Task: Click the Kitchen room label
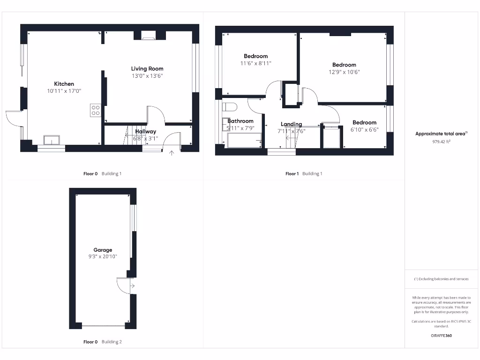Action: [64, 84]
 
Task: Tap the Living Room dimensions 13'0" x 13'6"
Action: [147, 76]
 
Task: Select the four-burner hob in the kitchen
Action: [95, 110]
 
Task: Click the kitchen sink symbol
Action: [52, 140]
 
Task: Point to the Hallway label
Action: [145, 132]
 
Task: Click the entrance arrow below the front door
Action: [172, 153]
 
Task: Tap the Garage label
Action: [103, 250]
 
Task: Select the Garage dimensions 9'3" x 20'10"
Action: [103, 257]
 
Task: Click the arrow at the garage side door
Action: [133, 285]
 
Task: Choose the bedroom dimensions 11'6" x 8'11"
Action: [255, 63]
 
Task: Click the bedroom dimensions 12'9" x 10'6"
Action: [344, 72]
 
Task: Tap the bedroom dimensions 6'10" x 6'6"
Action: [364, 130]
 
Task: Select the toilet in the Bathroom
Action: [228, 106]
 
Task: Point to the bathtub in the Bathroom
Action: [243, 140]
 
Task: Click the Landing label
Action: [291, 124]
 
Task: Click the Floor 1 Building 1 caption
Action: [304, 174]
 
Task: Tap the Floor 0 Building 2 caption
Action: [102, 342]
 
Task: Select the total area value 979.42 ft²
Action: [441, 141]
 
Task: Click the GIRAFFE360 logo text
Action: [441, 336]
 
